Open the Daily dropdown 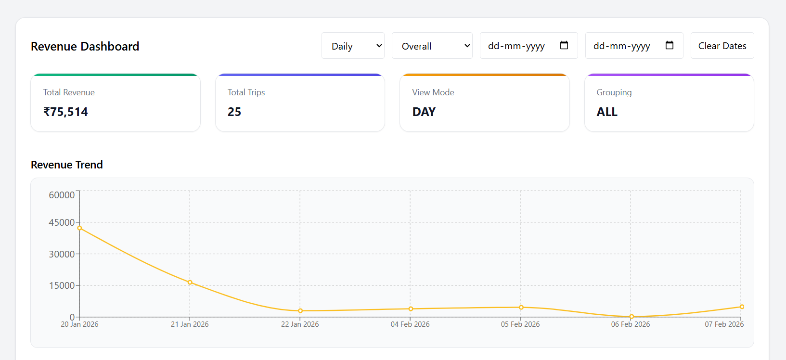click(353, 46)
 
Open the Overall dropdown click(432, 46)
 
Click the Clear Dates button click(722, 46)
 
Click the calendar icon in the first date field click(564, 45)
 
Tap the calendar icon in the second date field click(670, 45)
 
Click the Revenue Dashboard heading click(85, 46)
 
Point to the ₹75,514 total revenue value click(65, 112)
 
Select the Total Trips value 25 click(234, 112)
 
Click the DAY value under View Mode click(424, 112)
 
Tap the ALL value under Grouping click(607, 112)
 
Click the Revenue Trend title click(67, 165)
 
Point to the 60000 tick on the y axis click(62, 195)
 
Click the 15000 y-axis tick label click(62, 285)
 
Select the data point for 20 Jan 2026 click(79, 228)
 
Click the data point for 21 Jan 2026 click(190, 283)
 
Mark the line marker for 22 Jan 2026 click(300, 311)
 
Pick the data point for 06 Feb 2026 click(631, 317)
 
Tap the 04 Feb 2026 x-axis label click(410, 324)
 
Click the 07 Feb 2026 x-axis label click(724, 324)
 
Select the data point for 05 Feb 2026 click(521, 308)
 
